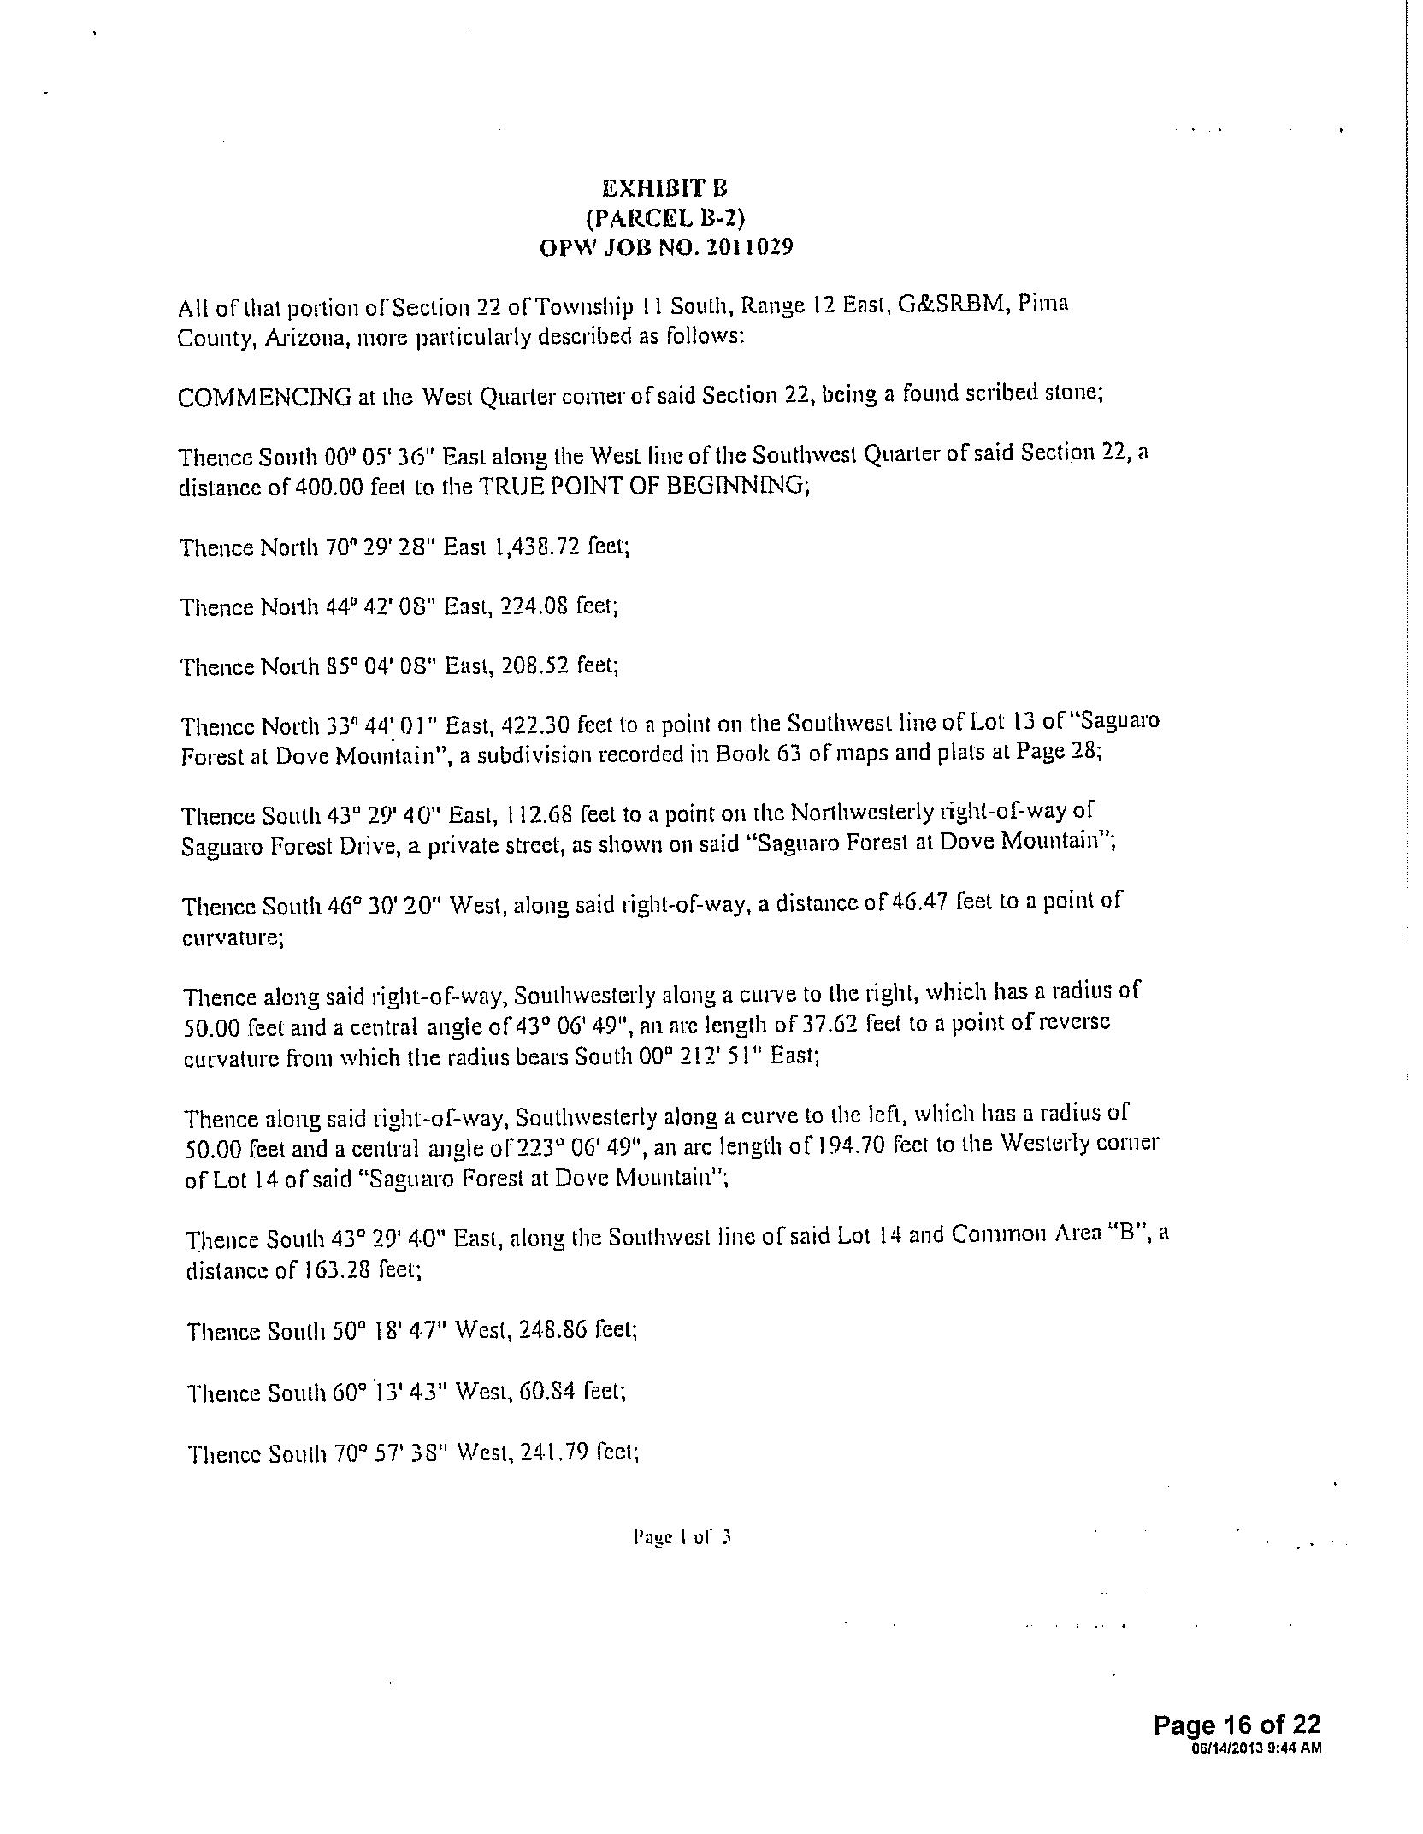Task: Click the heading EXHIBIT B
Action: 664,188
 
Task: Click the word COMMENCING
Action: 264,398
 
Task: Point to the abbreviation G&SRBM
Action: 949,305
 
